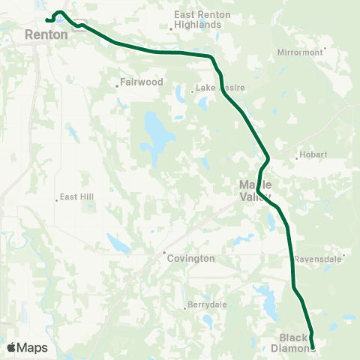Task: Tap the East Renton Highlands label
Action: click(197, 19)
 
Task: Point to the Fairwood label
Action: click(141, 82)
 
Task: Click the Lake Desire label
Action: click(221, 88)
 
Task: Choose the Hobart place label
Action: click(313, 155)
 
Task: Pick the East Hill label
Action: click(73, 198)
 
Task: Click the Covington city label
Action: click(191, 258)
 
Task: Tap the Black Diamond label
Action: click(294, 342)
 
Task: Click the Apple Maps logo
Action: click(27, 347)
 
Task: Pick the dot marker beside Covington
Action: click(164, 253)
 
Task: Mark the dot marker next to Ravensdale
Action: click(343, 258)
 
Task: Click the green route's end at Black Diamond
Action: click(313, 346)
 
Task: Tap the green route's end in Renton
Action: click(46, 20)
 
